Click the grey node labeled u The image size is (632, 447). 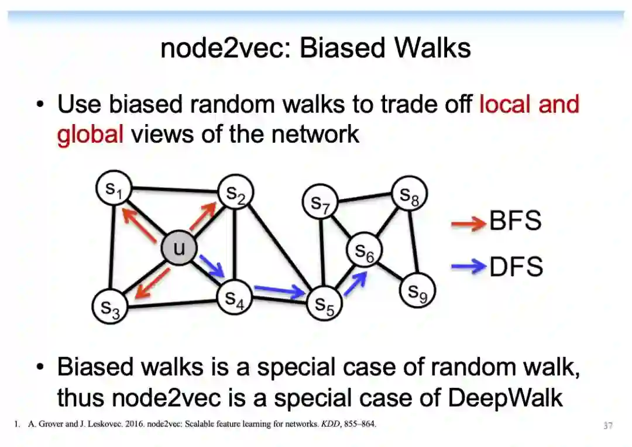tap(178, 249)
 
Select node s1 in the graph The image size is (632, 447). tap(113, 187)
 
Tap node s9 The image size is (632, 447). tap(417, 291)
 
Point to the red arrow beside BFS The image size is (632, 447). tap(468, 222)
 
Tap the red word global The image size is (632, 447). tap(90, 134)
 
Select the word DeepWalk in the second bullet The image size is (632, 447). tap(505, 398)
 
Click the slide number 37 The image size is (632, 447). tap(608, 426)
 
